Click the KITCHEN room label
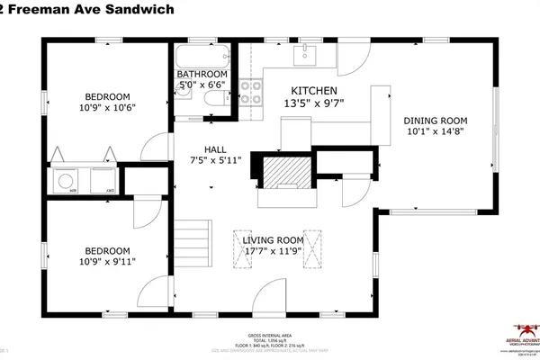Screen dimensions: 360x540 click(313, 91)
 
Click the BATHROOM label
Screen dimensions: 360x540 click(201, 74)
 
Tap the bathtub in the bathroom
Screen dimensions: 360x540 click(203, 53)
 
